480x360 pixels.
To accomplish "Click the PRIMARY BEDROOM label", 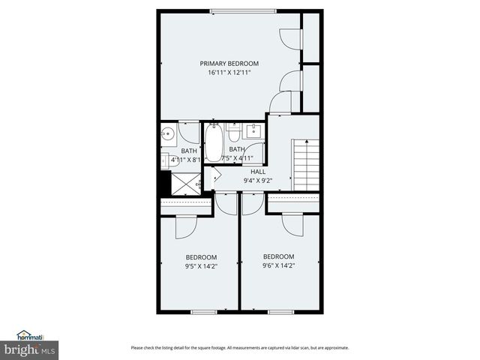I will click(x=229, y=63).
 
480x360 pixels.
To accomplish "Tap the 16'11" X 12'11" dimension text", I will click(x=229, y=73).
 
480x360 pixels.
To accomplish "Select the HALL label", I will click(x=258, y=172).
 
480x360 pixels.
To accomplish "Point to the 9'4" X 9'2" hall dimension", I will click(x=258, y=181).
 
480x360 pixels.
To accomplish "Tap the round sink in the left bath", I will click(x=167, y=135).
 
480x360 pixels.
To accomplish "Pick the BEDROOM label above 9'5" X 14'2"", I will click(x=201, y=256).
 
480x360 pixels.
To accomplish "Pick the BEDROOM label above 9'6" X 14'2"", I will click(x=278, y=256).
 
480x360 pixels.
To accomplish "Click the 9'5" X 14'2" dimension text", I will click(x=201, y=265).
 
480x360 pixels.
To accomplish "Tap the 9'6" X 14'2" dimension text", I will click(x=278, y=265).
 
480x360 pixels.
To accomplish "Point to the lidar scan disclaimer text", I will click(x=239, y=347).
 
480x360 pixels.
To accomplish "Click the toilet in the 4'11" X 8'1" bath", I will click(x=163, y=159).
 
